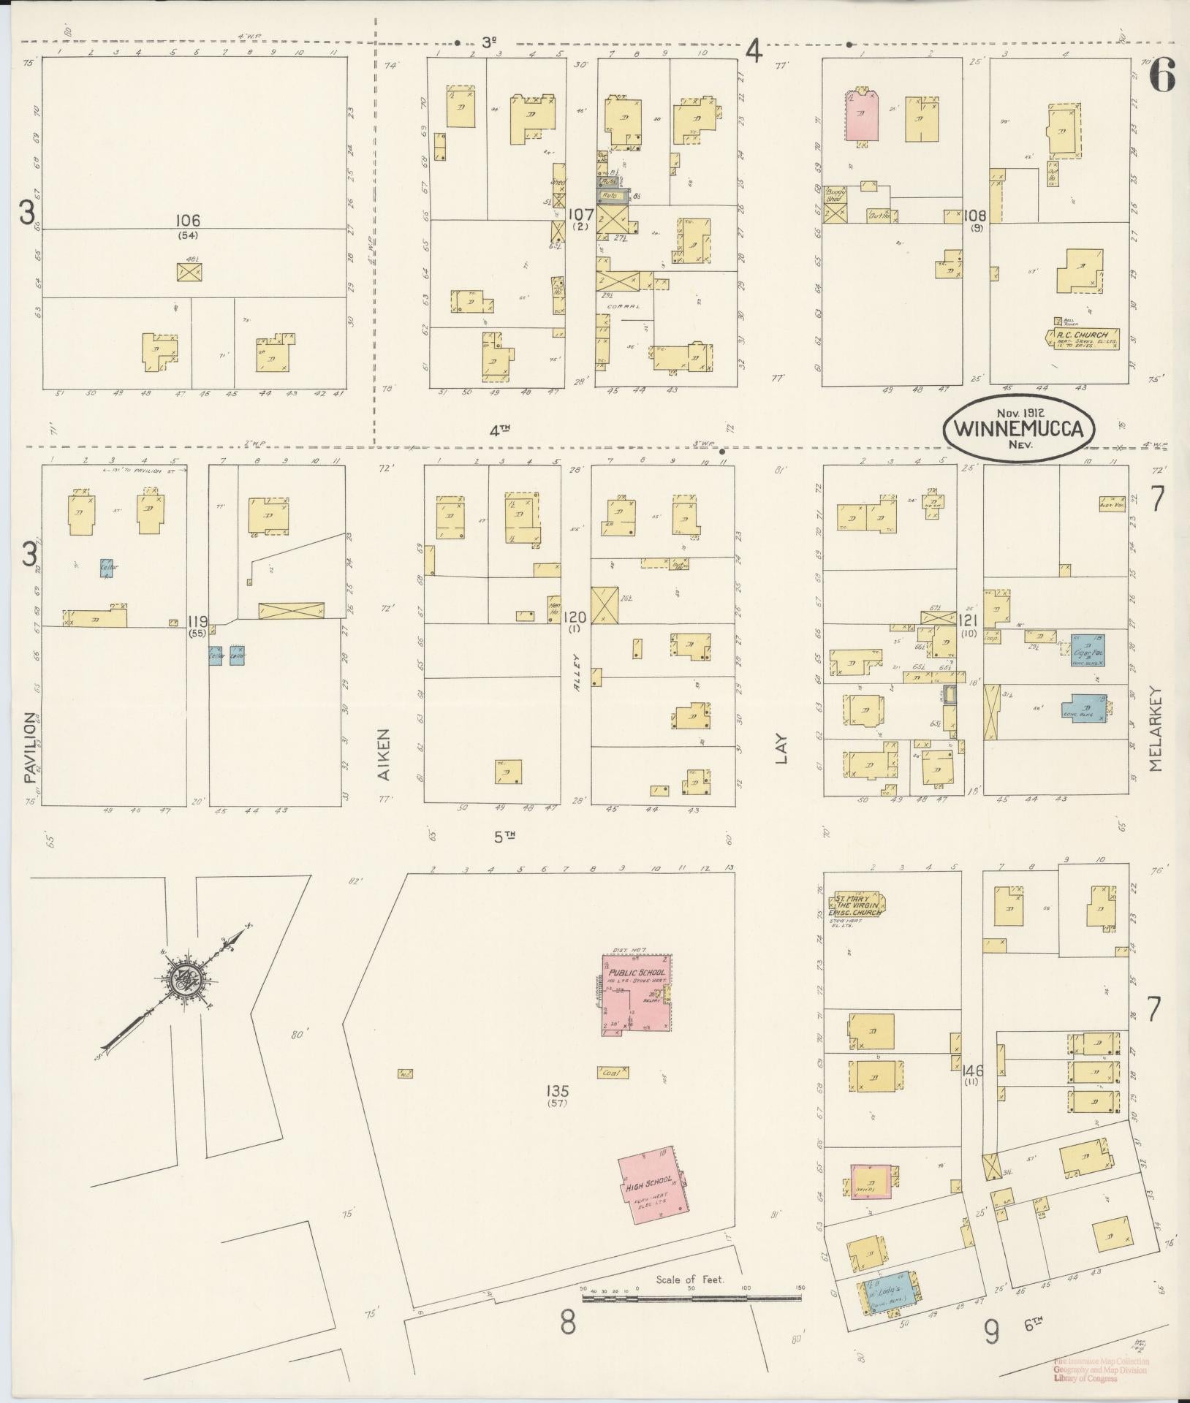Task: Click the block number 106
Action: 188,220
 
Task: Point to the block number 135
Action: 558,1092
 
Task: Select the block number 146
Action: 973,1071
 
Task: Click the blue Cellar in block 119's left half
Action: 107,568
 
